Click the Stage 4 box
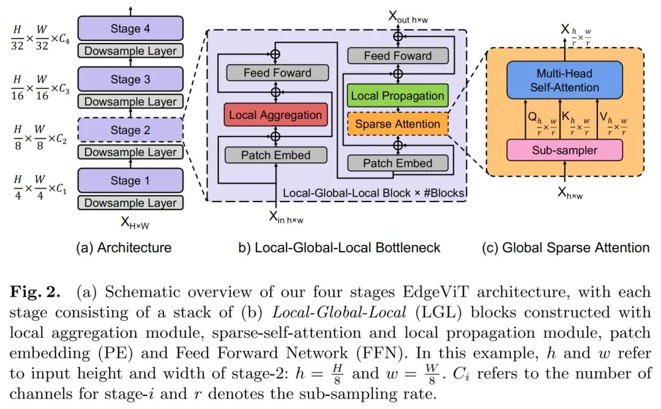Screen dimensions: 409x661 (130, 29)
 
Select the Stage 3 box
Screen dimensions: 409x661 (130, 80)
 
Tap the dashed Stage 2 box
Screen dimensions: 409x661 (130, 130)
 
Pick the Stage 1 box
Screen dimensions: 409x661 (130, 181)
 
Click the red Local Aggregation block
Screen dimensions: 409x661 (275, 115)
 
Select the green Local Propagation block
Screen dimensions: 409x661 (398, 96)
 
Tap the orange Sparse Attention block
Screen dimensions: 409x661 (398, 124)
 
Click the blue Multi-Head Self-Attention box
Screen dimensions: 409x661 (565, 81)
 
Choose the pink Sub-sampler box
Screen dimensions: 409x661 (565, 150)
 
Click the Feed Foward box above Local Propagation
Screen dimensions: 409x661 (398, 56)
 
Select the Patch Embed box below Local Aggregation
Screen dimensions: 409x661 (275, 156)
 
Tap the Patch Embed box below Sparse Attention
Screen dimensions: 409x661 (398, 163)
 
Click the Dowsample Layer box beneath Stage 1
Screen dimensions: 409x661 (130, 203)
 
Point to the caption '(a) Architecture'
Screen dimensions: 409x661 (124, 248)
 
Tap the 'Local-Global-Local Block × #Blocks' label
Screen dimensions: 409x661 (373, 193)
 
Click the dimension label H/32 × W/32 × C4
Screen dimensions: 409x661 (40, 29)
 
